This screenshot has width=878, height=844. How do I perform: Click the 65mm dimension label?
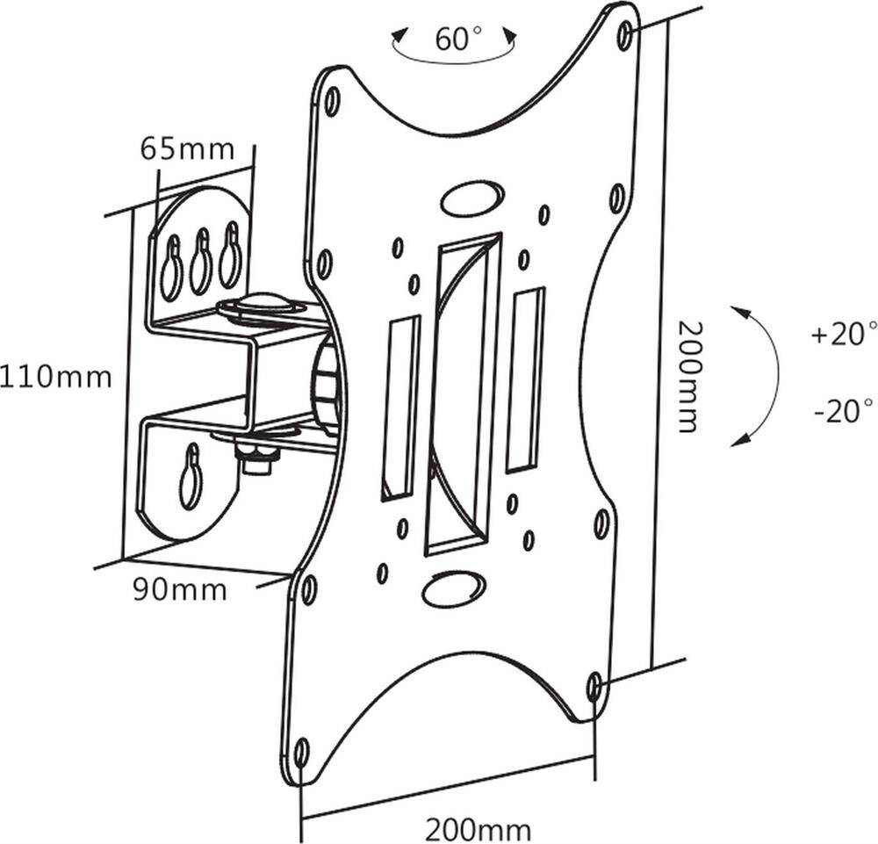click(x=187, y=148)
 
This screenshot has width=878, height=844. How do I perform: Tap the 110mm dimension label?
click(x=56, y=377)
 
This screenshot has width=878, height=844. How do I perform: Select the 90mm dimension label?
click(x=179, y=589)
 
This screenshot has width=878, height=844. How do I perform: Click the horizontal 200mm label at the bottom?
click(x=478, y=828)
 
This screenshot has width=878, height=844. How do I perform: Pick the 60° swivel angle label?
click(x=458, y=40)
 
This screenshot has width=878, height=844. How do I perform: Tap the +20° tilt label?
click(x=844, y=334)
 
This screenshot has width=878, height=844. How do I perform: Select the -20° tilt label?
click(x=844, y=411)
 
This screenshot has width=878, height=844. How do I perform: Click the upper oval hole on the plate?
click(x=472, y=198)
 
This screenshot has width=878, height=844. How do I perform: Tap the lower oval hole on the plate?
click(x=453, y=588)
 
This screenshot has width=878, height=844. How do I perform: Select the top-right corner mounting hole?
click(x=624, y=35)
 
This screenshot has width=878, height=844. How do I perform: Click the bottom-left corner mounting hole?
click(x=301, y=753)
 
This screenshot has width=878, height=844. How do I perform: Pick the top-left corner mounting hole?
click(x=332, y=101)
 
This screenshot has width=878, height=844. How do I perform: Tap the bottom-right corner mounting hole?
click(x=594, y=684)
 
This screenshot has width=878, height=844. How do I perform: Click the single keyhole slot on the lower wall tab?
click(x=191, y=479)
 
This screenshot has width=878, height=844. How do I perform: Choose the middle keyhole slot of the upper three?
click(x=201, y=261)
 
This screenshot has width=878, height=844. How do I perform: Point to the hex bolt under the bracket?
click(x=255, y=460)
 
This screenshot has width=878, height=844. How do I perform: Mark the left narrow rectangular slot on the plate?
click(x=400, y=408)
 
